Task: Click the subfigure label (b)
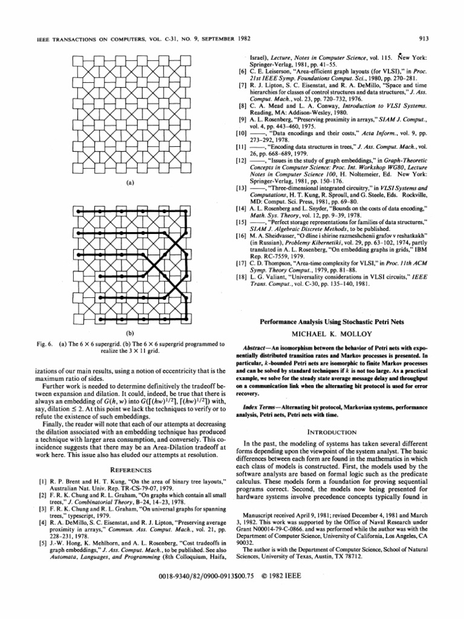[x=130, y=333]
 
